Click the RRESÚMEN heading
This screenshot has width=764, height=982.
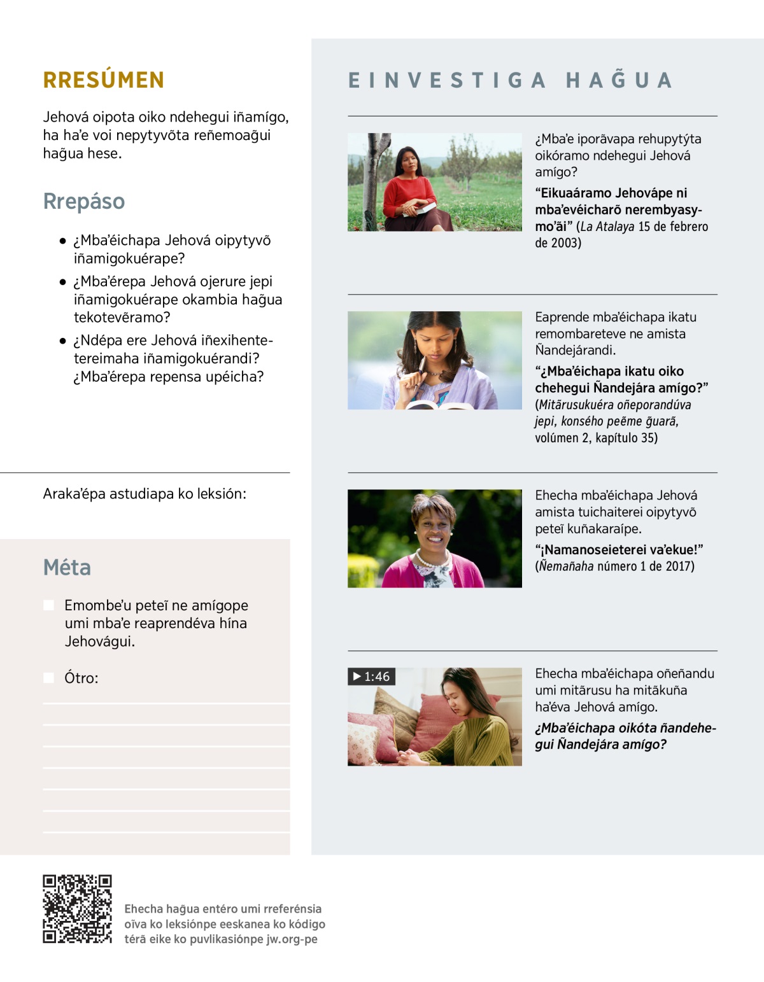[x=104, y=80]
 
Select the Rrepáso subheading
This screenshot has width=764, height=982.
[x=84, y=201]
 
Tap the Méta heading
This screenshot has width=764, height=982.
[x=67, y=567]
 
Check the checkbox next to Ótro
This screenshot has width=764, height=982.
[x=48, y=678]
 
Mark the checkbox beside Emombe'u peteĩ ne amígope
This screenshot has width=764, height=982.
[x=48, y=605]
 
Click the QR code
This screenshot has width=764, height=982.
[x=77, y=909]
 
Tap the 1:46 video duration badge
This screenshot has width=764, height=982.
[x=372, y=677]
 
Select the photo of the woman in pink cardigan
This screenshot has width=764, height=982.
[x=435, y=538]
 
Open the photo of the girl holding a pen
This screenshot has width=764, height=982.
[x=435, y=360]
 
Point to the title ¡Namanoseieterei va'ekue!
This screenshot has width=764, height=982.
[x=619, y=550]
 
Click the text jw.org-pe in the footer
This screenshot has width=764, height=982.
[x=292, y=939]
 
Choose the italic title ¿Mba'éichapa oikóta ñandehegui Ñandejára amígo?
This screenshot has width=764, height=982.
[x=625, y=736]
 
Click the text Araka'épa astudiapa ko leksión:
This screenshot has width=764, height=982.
[x=145, y=494]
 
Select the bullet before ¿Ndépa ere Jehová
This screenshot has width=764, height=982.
[x=62, y=341]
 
